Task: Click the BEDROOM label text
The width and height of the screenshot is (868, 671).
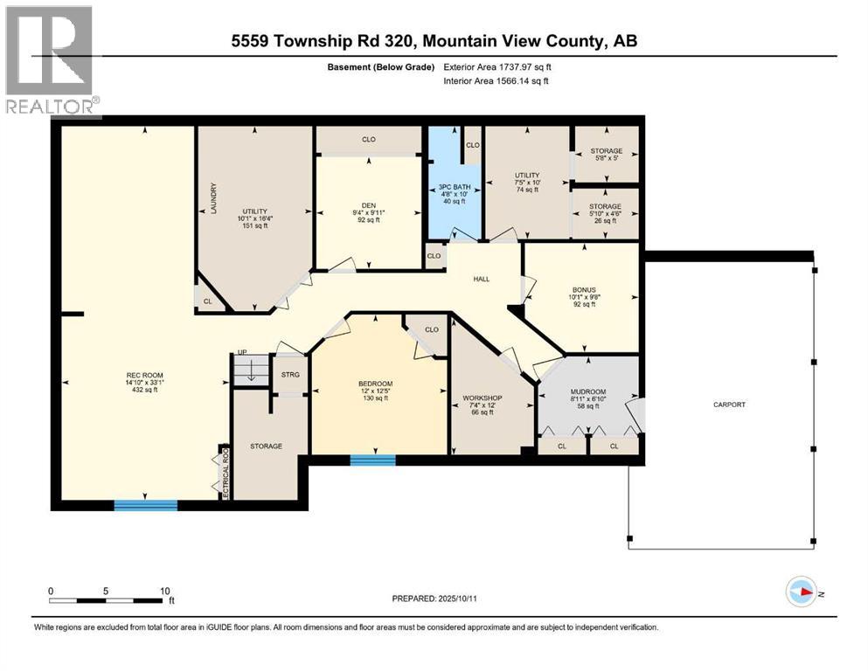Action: (x=375, y=384)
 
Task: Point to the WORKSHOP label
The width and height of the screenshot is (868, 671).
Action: (x=482, y=398)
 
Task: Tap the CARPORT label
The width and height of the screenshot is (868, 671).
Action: (x=729, y=405)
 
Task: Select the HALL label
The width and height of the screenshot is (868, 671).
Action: (x=481, y=279)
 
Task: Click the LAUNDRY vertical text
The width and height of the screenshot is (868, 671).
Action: (x=212, y=200)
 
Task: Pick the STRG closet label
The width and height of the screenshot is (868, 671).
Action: (x=290, y=375)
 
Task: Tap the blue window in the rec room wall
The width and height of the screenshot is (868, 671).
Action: (x=146, y=504)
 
